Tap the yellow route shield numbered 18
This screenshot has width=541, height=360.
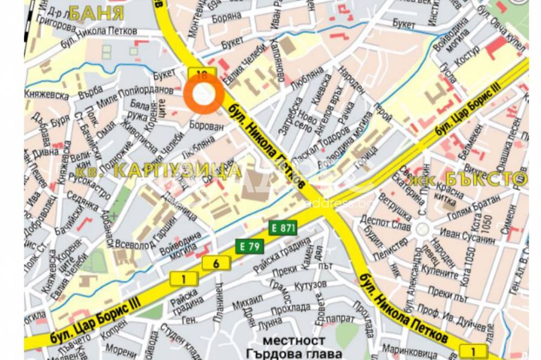(202, 75)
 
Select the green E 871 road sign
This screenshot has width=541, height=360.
(283, 228)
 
